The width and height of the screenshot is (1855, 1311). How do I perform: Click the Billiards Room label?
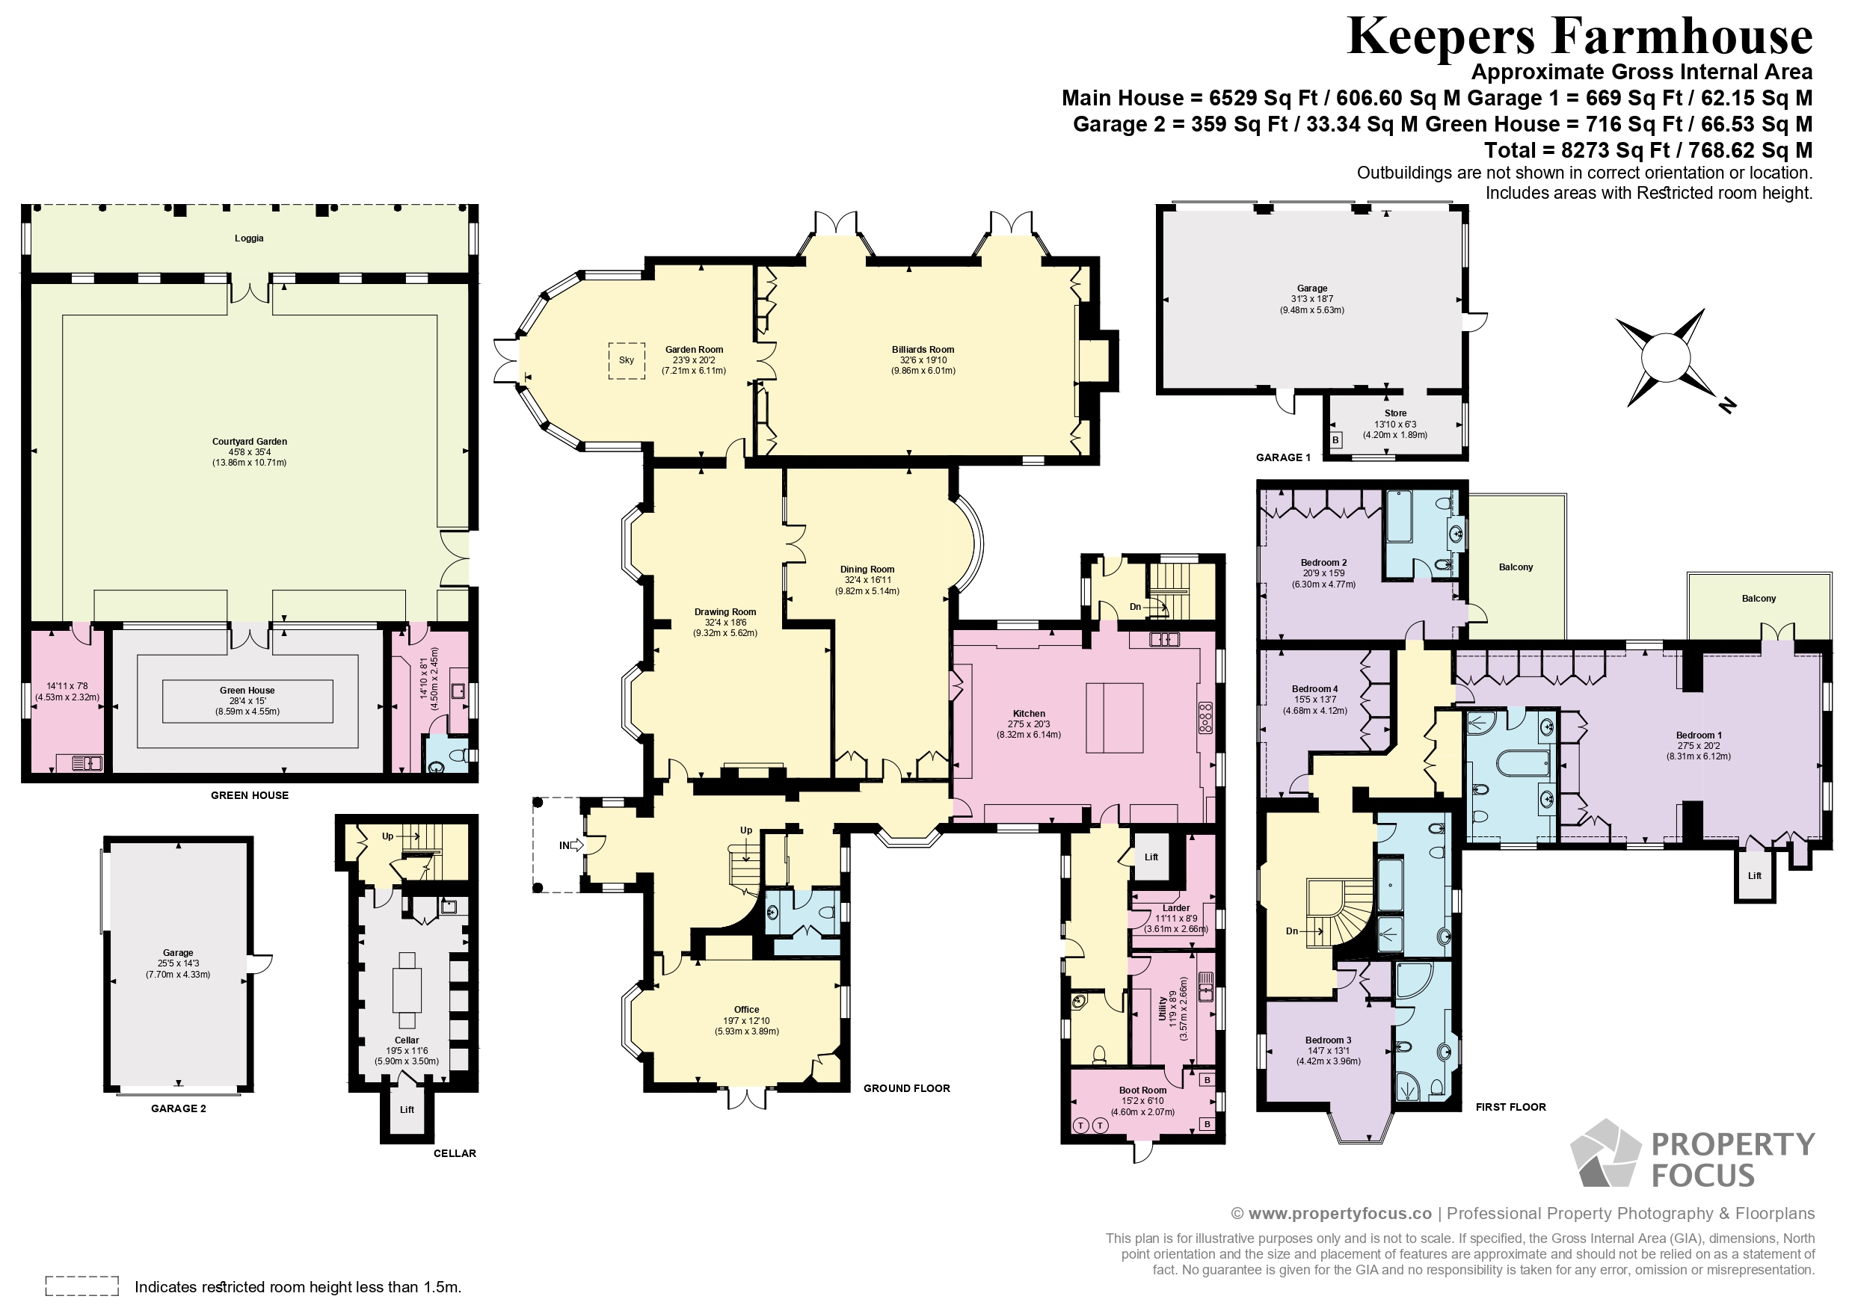[x=923, y=350]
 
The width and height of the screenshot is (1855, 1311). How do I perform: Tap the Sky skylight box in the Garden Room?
[x=626, y=360]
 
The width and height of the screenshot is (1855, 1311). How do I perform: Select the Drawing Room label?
[x=725, y=611]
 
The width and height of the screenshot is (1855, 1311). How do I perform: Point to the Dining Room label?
[x=867, y=570]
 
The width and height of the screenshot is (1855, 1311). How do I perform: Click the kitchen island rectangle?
[x=1114, y=718]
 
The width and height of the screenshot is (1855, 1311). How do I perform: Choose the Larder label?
[x=1176, y=908]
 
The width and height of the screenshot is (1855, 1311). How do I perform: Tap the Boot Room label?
[x=1142, y=1091]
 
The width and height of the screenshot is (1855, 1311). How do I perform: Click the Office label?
[x=746, y=1010]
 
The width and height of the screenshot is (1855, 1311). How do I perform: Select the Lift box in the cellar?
[x=407, y=1110]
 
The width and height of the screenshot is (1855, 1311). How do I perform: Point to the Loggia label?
[x=249, y=238]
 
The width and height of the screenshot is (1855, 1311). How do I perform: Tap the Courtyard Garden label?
[x=250, y=442]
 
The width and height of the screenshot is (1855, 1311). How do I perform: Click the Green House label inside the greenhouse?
[x=247, y=691]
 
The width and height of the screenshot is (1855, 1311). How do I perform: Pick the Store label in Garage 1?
[x=1395, y=413]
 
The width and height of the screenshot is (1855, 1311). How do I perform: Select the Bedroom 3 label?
[x=1328, y=1040]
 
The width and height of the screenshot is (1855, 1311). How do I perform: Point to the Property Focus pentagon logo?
[x=1605, y=1153]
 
